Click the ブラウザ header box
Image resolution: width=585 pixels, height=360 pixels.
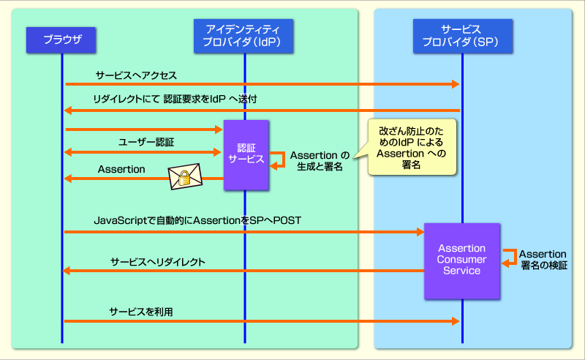(x=61, y=40)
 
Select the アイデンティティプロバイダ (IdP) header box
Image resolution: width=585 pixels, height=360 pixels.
(x=244, y=36)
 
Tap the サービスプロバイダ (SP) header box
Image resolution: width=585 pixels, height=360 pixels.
(x=463, y=36)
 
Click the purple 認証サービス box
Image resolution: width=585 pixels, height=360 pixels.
(x=246, y=155)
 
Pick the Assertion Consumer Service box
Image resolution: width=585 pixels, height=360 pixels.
(x=462, y=261)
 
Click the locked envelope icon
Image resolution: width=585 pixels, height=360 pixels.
(x=185, y=176)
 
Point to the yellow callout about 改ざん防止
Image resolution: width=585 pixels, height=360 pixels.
(x=412, y=147)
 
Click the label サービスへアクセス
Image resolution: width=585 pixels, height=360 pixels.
(x=136, y=75)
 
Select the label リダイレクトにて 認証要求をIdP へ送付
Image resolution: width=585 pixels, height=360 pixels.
(x=175, y=99)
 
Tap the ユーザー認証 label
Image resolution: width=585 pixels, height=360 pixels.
(x=146, y=142)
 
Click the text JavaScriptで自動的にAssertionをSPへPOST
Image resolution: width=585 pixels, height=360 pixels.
(x=197, y=220)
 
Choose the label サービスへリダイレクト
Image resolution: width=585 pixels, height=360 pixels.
(x=158, y=262)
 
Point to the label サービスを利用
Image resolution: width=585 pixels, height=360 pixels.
(x=141, y=312)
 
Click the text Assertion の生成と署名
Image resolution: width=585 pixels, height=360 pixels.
(x=320, y=160)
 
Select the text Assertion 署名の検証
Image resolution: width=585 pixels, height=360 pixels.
(x=543, y=260)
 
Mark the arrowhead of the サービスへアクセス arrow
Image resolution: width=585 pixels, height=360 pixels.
(x=456, y=84)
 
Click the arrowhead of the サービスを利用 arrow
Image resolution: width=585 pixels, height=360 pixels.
(x=456, y=321)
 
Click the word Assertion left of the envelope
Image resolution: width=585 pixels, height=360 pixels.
(x=121, y=169)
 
